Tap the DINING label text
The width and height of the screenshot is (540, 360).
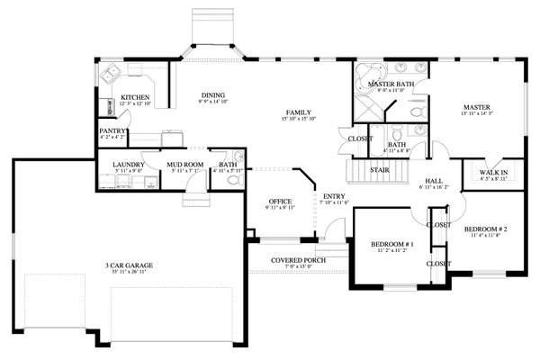pos(213,95)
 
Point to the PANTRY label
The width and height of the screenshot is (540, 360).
pos(112,131)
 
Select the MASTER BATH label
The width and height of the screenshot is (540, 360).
pos(389,84)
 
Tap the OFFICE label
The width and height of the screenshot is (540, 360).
pos(281,202)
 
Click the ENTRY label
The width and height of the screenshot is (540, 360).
pos(333,196)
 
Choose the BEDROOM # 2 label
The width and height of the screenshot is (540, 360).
pos(485,229)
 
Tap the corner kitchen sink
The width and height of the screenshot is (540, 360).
pos(113,74)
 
